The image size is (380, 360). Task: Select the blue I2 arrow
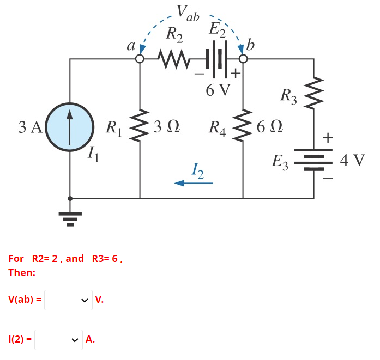[x=194, y=184]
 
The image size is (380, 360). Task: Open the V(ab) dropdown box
[x=68, y=300]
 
